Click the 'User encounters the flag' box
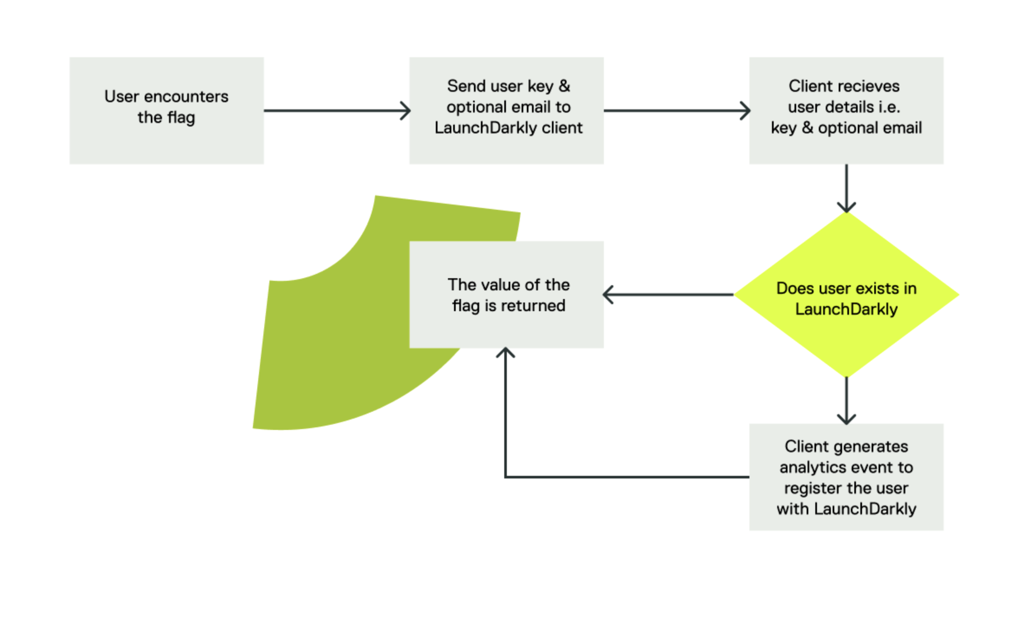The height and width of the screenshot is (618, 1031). coord(166,111)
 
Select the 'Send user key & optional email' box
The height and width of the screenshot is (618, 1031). coord(506,111)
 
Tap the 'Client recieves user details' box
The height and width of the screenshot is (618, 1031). coord(846,111)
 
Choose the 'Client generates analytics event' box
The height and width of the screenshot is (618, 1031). coord(846,477)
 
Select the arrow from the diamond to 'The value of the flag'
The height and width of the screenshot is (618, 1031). coord(669,295)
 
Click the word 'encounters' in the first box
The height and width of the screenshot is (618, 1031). coord(186,97)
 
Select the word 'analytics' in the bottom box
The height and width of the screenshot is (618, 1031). coord(807,467)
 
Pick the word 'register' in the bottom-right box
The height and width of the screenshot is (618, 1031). coord(808,488)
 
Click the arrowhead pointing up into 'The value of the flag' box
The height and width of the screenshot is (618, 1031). coord(505,353)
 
